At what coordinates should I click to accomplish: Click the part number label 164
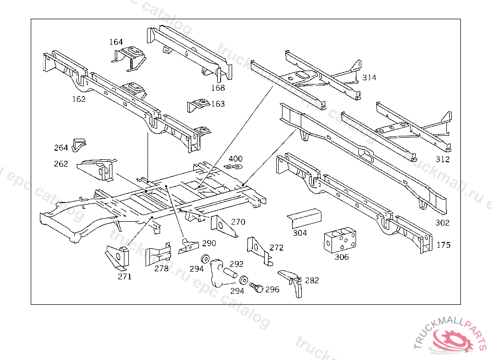[x=116, y=42]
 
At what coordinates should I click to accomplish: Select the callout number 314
[x=369, y=77]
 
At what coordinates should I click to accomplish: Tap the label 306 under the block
[x=342, y=257]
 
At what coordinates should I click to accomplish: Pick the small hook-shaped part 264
[x=78, y=144]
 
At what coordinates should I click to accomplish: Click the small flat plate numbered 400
[x=234, y=167]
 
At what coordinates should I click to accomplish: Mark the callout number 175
[x=443, y=245]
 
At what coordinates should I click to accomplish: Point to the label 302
[x=442, y=223]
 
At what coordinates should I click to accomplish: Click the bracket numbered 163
[x=198, y=105]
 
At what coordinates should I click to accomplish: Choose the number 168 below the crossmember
[x=218, y=87]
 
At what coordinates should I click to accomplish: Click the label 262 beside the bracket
[x=61, y=164]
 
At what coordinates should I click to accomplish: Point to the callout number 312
[x=442, y=159]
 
